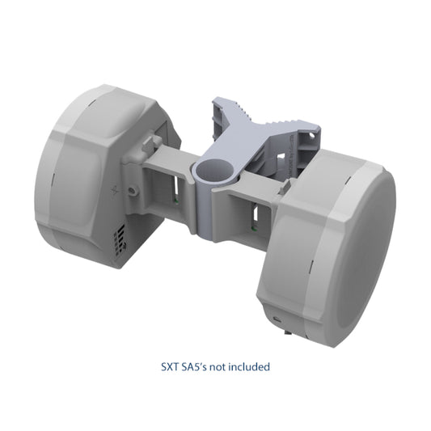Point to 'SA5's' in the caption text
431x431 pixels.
pos(195,366)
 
